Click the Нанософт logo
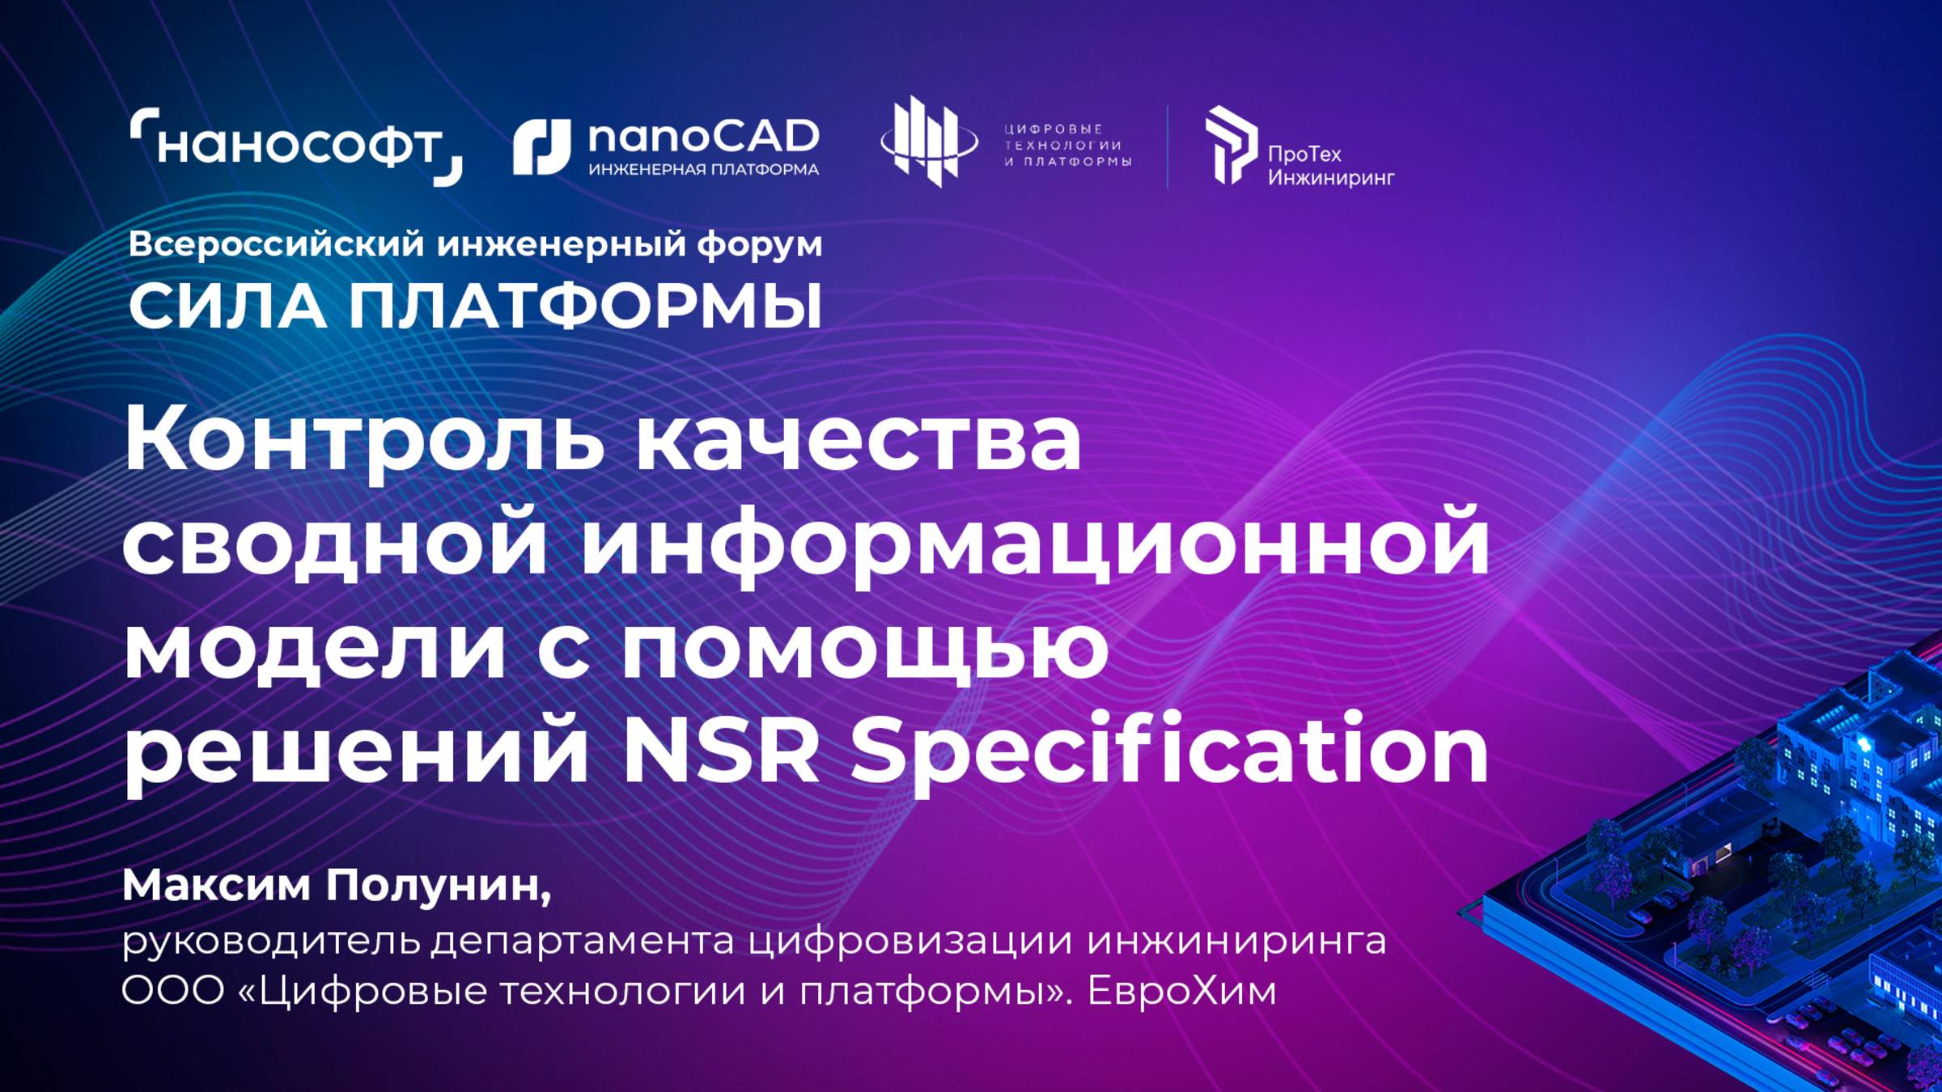click(296, 146)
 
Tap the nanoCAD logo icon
click(541, 147)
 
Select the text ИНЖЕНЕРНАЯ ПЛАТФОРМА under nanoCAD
click(703, 170)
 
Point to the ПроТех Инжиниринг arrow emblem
click(1230, 145)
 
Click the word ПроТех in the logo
click(1304, 154)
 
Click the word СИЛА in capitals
click(227, 307)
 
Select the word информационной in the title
click(1035, 542)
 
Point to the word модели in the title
click(315, 646)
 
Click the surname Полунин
click(438, 885)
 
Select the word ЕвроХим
click(1181, 990)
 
